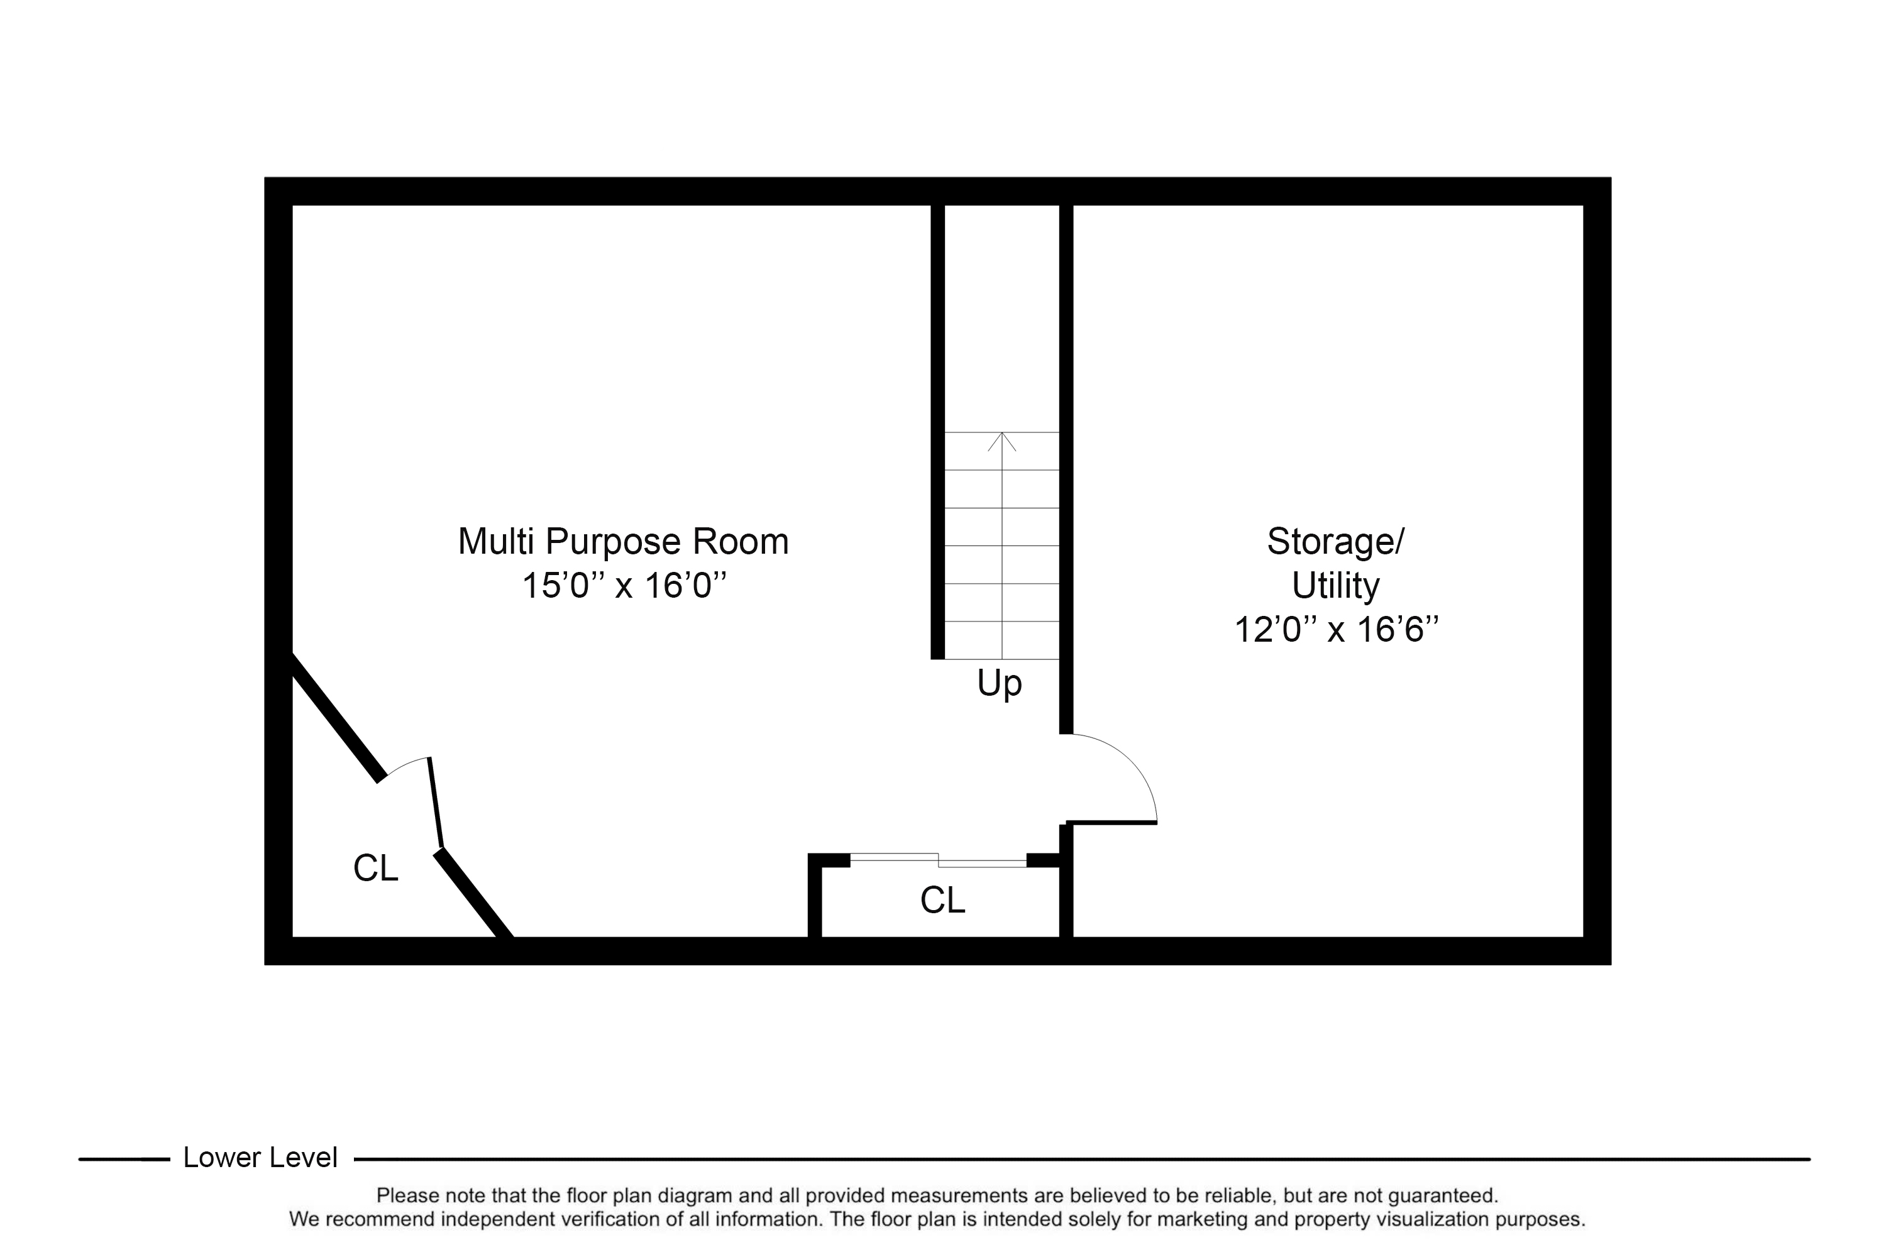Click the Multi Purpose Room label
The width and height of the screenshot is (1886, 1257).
pos(623,542)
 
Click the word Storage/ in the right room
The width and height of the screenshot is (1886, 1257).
pos(1336,542)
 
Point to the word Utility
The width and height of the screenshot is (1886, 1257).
pos(1336,586)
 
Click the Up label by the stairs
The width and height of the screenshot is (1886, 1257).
pos(999,684)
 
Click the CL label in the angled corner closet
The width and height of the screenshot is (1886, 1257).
pos(375,867)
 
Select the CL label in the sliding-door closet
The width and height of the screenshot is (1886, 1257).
pos(942,900)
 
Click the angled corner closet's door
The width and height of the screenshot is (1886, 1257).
pos(436,802)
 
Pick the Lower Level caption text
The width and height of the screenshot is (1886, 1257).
pos(260,1158)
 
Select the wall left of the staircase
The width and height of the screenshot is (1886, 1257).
pos(937,432)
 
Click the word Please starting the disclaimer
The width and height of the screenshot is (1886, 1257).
pos(408,1195)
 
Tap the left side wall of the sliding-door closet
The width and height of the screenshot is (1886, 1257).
pos(815,896)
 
